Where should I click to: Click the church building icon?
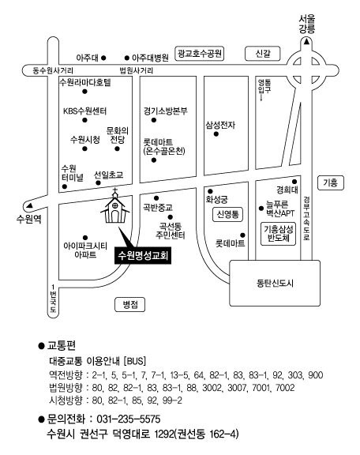(x=115, y=207)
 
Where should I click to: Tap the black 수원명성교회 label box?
(x=143, y=256)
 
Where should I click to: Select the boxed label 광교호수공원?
(x=200, y=54)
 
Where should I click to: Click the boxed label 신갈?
(x=263, y=54)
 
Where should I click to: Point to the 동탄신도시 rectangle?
(x=275, y=283)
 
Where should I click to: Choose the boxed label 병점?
(x=130, y=305)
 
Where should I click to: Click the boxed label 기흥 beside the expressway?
(x=331, y=182)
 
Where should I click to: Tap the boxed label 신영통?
(x=227, y=214)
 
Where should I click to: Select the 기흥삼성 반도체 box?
(x=279, y=234)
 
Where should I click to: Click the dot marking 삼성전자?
(x=216, y=134)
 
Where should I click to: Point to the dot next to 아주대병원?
(x=127, y=58)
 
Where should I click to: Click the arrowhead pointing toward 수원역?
(x=29, y=205)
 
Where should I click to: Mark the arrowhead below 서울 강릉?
(x=306, y=42)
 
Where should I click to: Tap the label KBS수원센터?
(x=85, y=111)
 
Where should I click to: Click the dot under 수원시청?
(x=84, y=149)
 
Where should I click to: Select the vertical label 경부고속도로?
(x=306, y=218)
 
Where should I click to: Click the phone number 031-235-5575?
(x=129, y=419)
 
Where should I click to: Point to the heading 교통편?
(x=62, y=345)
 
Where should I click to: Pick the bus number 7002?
(x=285, y=388)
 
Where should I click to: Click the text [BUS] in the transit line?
(x=135, y=361)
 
